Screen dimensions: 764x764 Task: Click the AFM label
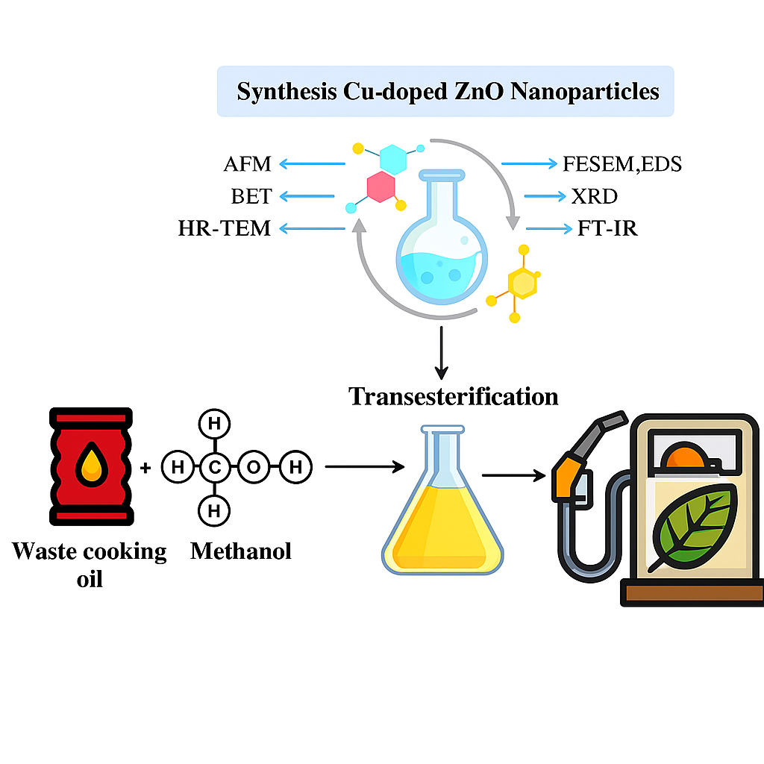(247, 163)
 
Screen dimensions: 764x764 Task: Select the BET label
(251, 196)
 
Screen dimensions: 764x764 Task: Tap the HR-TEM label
(225, 228)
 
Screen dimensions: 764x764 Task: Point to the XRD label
(595, 196)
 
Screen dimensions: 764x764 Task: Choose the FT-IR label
(607, 228)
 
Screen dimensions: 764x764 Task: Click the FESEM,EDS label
(622, 163)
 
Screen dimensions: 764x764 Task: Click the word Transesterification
(454, 395)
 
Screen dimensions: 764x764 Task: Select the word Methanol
(241, 551)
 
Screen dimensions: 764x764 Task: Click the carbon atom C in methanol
(214, 469)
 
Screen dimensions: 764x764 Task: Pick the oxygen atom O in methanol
(254, 469)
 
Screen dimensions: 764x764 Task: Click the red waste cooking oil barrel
(90, 466)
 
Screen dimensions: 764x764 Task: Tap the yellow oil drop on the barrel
(91, 464)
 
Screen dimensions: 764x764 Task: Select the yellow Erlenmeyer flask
(442, 515)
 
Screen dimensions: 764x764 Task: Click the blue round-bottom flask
(441, 254)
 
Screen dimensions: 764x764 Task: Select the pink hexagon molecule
(381, 187)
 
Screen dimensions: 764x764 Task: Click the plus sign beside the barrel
(145, 469)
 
